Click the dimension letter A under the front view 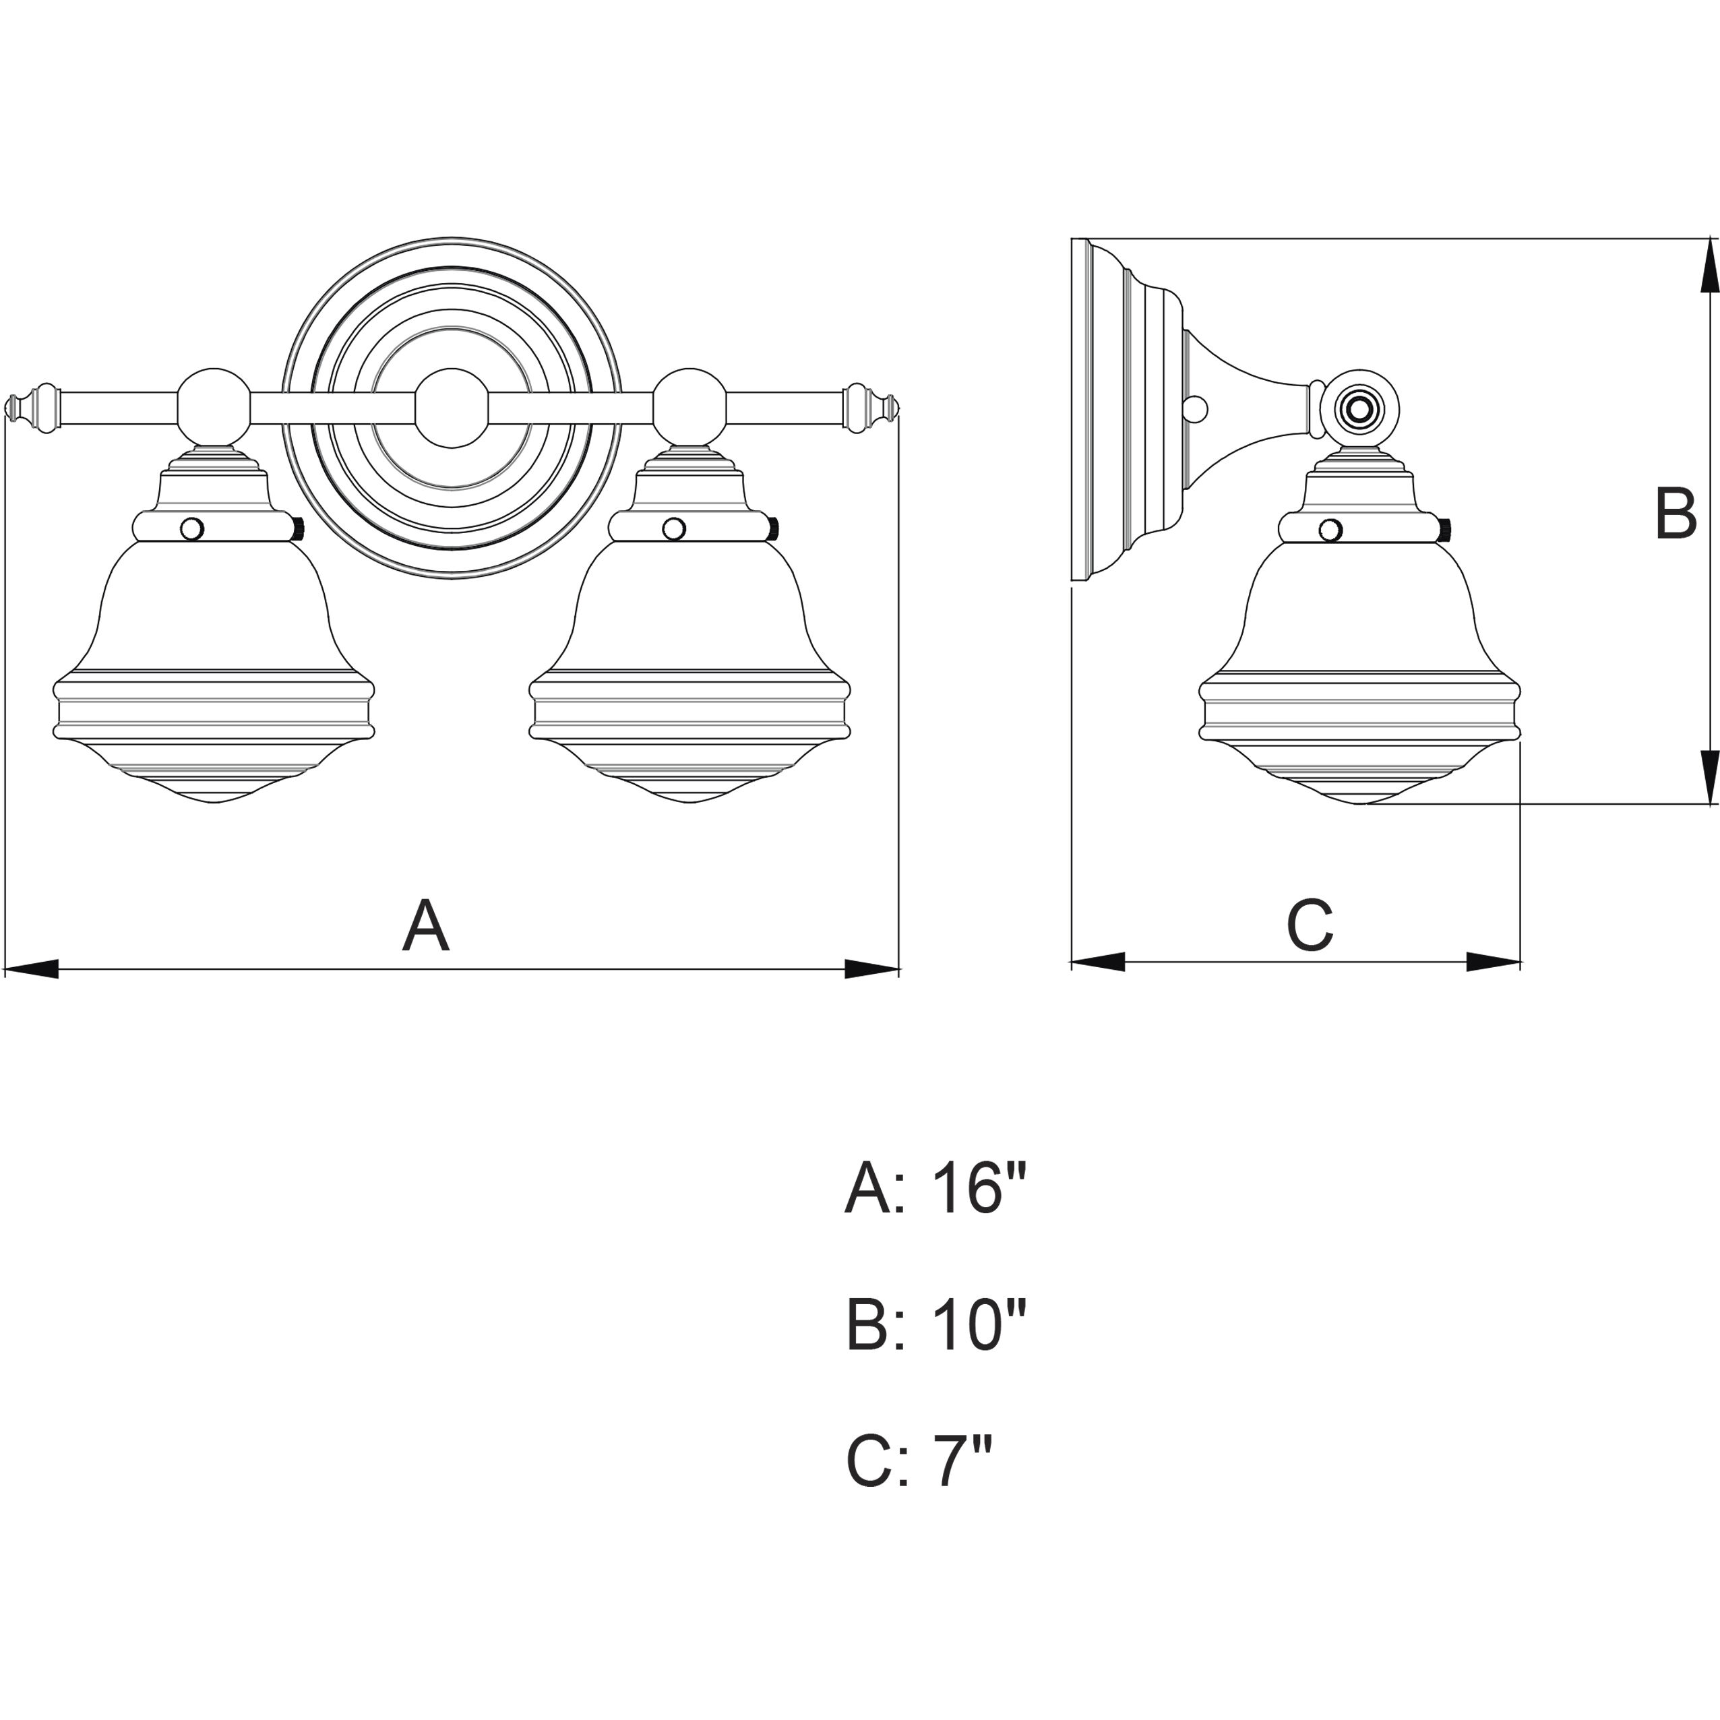(425, 927)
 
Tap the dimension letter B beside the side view (1676, 514)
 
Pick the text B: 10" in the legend (935, 1326)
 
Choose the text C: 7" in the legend (918, 1462)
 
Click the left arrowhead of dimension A (30, 969)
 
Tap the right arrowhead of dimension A (872, 969)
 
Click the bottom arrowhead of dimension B (1709, 776)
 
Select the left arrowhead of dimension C (1098, 962)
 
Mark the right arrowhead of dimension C (1494, 962)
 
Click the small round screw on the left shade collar (191, 530)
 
